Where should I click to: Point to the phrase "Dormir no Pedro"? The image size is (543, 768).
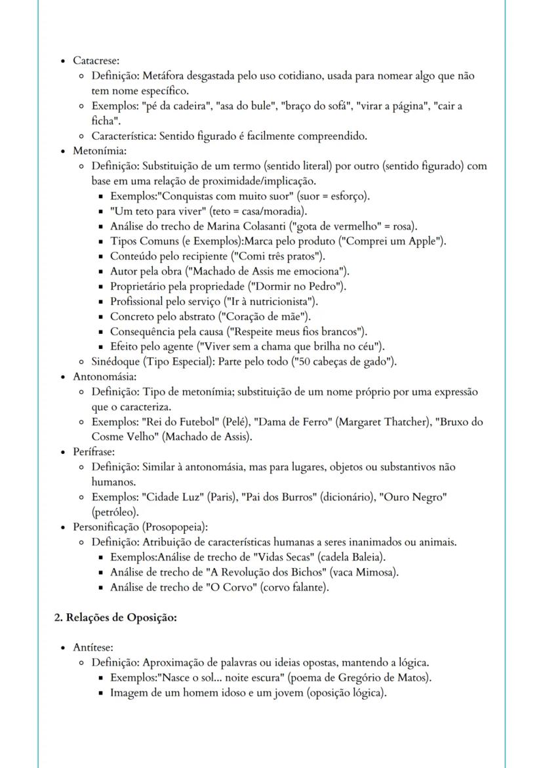303,286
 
